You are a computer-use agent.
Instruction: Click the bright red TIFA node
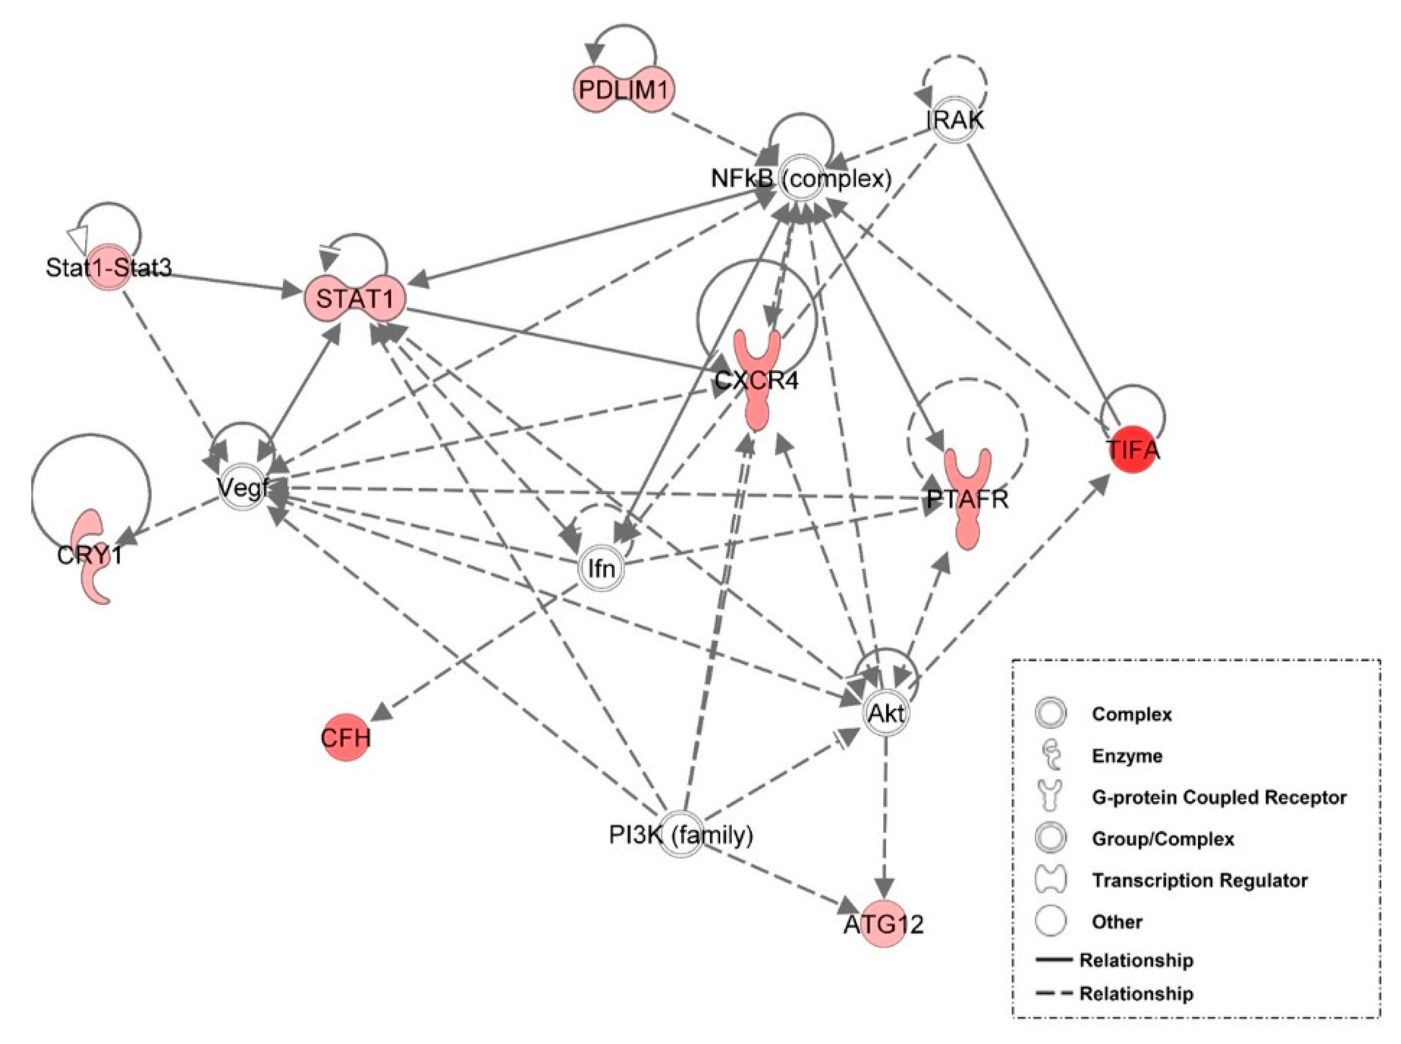point(1133,450)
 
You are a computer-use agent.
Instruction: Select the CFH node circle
point(345,737)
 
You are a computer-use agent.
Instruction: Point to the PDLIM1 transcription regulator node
point(623,90)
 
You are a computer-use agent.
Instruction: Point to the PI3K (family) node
point(681,835)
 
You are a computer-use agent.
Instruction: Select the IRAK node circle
point(954,119)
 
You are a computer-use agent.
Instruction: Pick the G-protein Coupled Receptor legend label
point(1218,798)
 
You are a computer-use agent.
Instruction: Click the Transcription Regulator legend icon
point(1050,880)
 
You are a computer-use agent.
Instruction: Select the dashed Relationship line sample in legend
point(1054,993)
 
